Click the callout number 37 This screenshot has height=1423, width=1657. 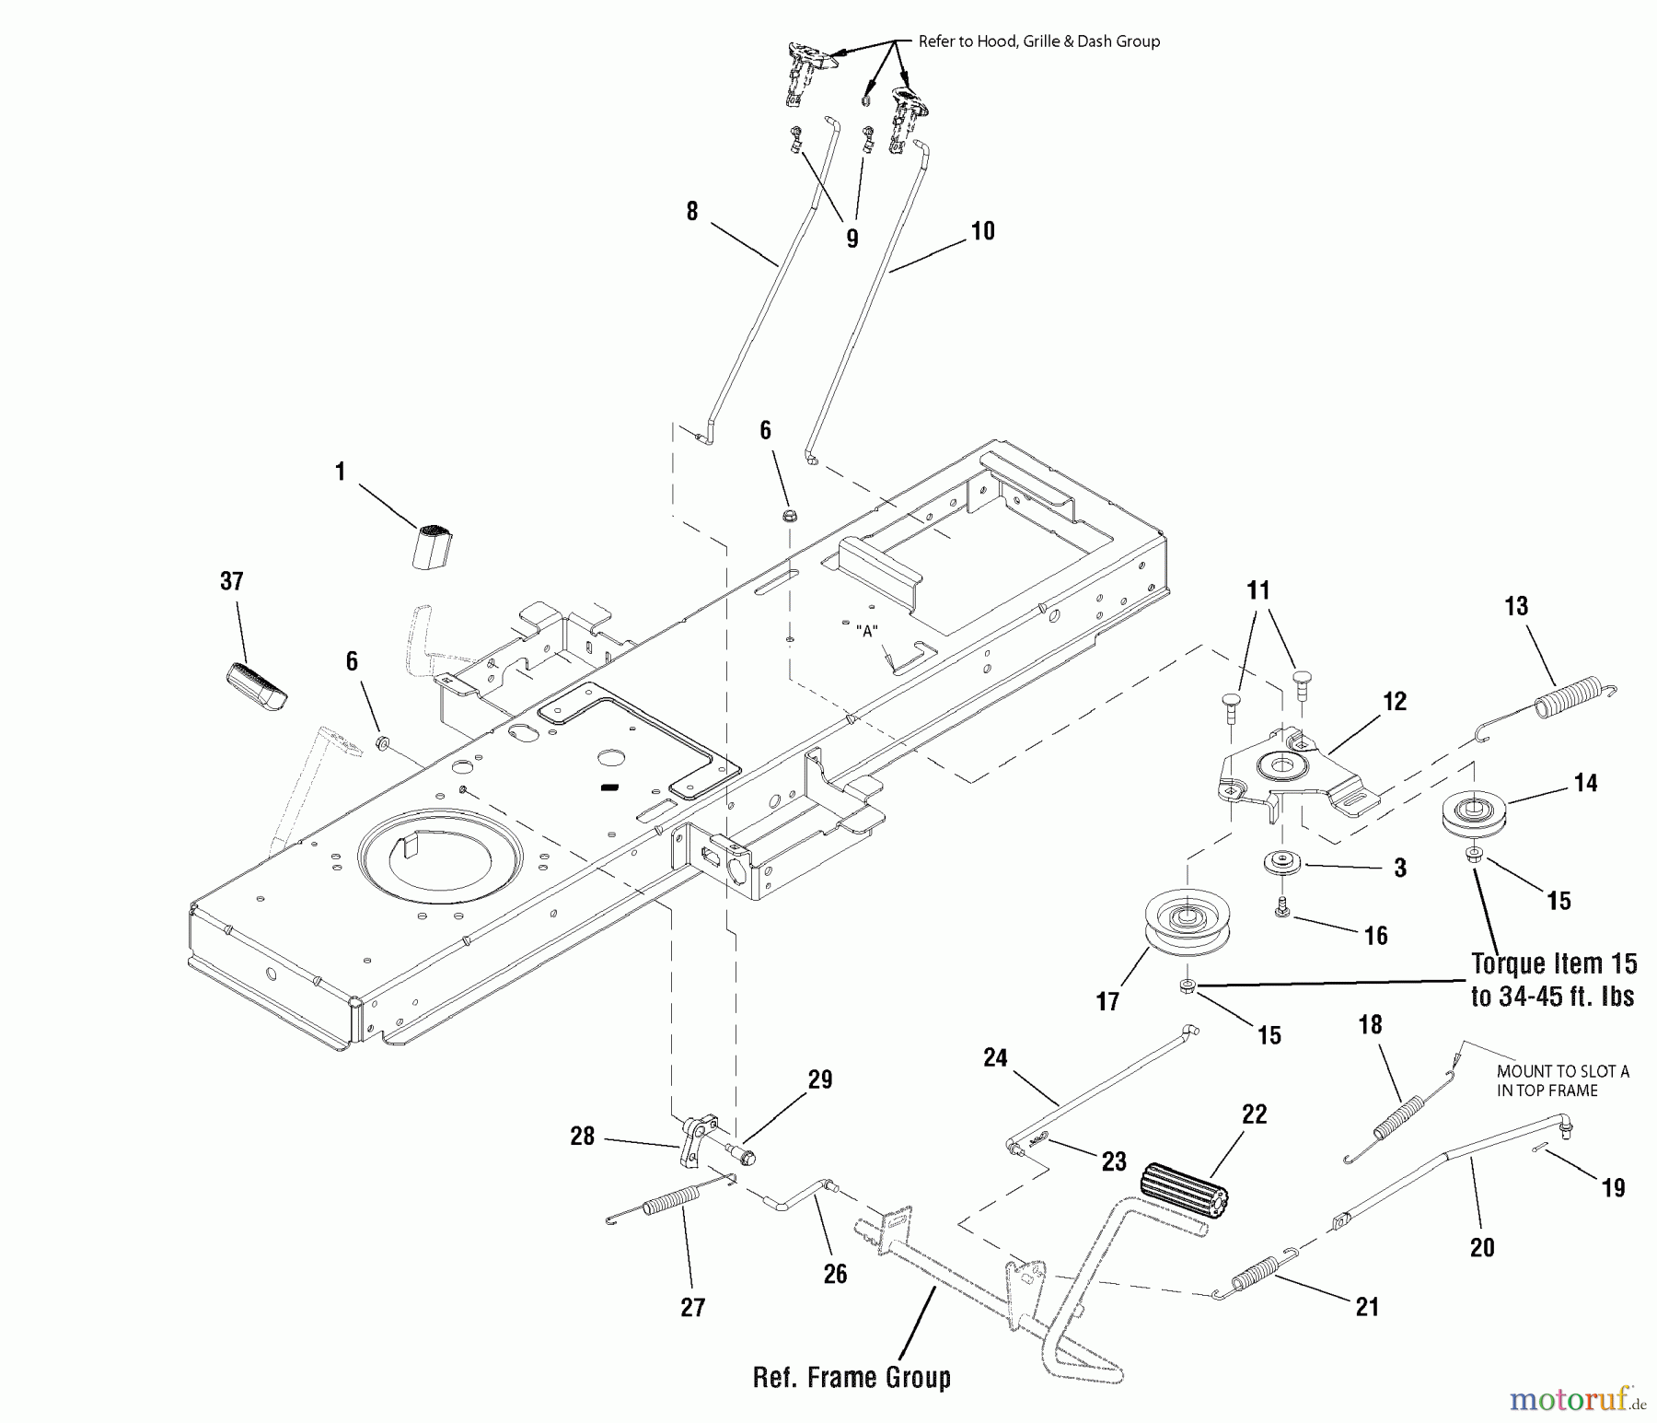coord(232,581)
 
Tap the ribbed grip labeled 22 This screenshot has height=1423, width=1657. coord(1183,1195)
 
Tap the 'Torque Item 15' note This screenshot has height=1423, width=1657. coord(1554,964)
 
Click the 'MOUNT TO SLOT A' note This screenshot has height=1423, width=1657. coord(1562,1071)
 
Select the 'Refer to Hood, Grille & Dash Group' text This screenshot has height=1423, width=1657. coord(1039,41)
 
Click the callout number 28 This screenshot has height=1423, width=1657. coord(582,1137)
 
